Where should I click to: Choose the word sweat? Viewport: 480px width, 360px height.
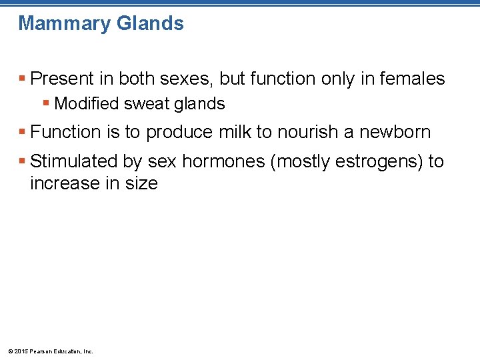coord(145,104)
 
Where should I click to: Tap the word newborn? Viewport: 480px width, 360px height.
coord(395,132)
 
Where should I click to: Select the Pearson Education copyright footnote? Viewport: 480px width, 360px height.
coord(51,351)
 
